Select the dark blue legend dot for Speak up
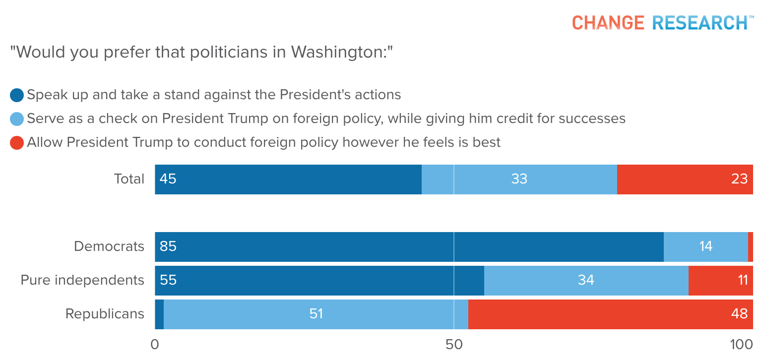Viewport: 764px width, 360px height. click(x=17, y=95)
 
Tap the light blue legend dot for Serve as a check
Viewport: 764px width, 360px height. click(x=17, y=119)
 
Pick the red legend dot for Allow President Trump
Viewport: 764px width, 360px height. click(x=17, y=143)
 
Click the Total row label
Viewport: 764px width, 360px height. click(x=129, y=179)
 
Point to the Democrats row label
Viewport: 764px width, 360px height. click(x=109, y=246)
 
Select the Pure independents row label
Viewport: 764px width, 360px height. click(x=82, y=280)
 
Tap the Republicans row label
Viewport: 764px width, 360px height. click(x=105, y=314)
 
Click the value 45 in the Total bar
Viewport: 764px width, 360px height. click(x=168, y=179)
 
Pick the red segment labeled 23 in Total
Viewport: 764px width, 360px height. click(x=685, y=179)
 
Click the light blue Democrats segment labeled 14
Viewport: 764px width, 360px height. click(x=706, y=246)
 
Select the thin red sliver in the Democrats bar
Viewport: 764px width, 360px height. click(x=751, y=246)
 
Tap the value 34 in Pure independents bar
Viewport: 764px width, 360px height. click(x=586, y=280)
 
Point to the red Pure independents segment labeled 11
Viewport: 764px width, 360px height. click(x=720, y=280)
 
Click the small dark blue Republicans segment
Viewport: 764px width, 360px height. click(x=159, y=314)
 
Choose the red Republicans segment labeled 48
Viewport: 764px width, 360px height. click(x=610, y=314)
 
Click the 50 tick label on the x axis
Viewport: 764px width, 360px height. click(x=454, y=345)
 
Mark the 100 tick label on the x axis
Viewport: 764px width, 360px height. click(x=742, y=345)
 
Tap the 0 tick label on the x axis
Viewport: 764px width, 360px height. click(x=155, y=345)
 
